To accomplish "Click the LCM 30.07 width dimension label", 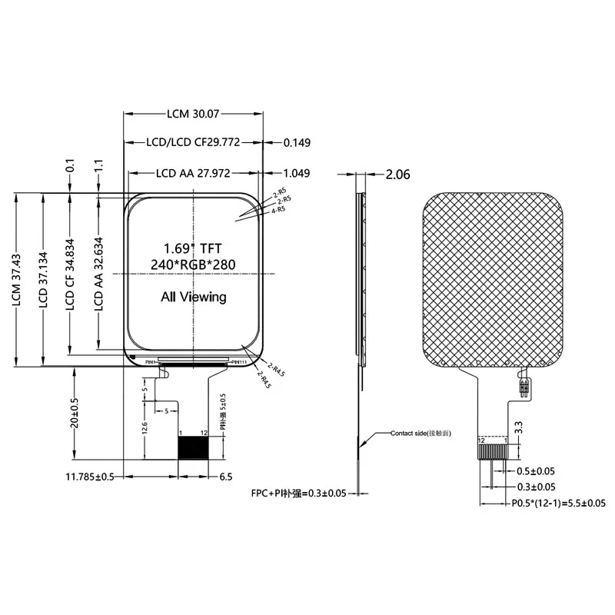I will (x=193, y=114).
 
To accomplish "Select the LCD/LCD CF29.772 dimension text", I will (x=193, y=143).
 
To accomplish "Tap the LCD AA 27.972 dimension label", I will (x=193, y=174).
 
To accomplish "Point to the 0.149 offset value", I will (x=297, y=143).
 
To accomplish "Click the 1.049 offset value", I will (x=297, y=174).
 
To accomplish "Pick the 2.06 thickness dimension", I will (x=397, y=175).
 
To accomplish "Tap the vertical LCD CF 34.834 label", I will (x=71, y=280).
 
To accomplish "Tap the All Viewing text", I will (x=193, y=297).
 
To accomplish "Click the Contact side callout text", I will (x=420, y=434).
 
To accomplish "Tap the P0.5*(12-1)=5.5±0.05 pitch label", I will (x=558, y=504).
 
